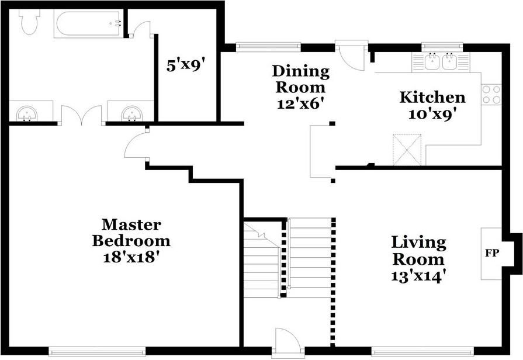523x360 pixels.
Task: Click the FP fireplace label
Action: (x=490, y=253)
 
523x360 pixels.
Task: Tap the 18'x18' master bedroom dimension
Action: (x=131, y=257)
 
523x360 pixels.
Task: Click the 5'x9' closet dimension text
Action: (x=185, y=64)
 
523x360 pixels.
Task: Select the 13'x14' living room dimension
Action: (x=418, y=275)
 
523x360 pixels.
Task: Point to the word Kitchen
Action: (x=432, y=98)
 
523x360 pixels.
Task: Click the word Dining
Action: (x=301, y=72)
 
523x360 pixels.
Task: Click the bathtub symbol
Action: (x=88, y=24)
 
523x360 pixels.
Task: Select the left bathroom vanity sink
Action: (x=26, y=113)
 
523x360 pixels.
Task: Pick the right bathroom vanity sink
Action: (x=131, y=113)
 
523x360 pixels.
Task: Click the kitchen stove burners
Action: (x=491, y=95)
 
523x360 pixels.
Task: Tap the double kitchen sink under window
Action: (x=441, y=61)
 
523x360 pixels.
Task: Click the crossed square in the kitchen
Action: (x=407, y=148)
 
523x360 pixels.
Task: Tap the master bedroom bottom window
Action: (x=96, y=351)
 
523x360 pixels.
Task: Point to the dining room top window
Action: (x=269, y=46)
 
